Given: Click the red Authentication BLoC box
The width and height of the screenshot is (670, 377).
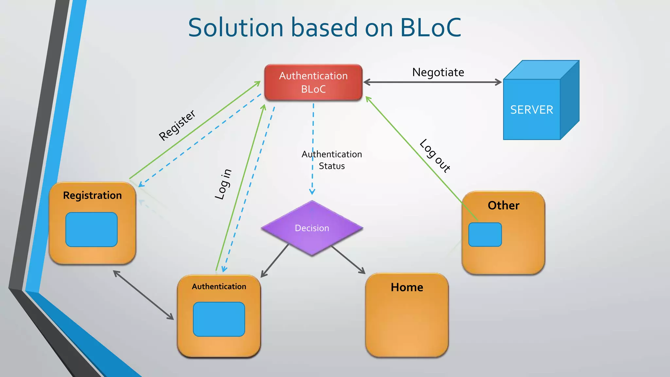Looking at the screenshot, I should (x=313, y=82).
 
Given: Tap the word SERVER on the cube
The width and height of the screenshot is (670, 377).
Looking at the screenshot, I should (x=532, y=110).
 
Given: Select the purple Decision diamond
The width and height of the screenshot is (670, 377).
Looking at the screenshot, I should (x=312, y=228).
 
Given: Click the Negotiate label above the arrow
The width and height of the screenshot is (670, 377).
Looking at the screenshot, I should (x=438, y=72).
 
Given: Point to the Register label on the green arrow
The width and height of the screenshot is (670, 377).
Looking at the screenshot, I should (x=177, y=125).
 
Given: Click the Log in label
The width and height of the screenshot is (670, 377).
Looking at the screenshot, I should (x=223, y=184).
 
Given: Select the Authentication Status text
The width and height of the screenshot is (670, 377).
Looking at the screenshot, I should (x=332, y=160).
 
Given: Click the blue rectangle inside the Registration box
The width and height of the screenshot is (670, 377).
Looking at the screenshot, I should (x=91, y=229).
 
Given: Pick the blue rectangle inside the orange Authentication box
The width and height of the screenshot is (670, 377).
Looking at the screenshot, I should (x=219, y=319).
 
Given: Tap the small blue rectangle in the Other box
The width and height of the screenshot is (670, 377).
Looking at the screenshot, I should (x=485, y=235).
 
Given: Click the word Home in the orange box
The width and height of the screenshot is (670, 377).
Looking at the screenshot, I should (x=407, y=287).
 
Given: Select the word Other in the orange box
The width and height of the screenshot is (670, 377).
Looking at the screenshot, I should (x=503, y=206).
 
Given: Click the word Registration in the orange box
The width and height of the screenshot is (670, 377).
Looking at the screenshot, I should (x=92, y=195).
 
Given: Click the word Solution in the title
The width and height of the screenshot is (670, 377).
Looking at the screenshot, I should (x=236, y=27).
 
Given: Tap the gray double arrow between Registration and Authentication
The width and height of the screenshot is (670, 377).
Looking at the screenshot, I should (x=143, y=295).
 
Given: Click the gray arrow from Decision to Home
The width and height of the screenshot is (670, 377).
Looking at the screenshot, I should (x=348, y=260).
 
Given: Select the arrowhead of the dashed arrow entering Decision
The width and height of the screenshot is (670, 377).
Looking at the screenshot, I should (x=312, y=192).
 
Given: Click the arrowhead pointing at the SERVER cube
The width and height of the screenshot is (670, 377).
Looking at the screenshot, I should (x=498, y=82).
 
